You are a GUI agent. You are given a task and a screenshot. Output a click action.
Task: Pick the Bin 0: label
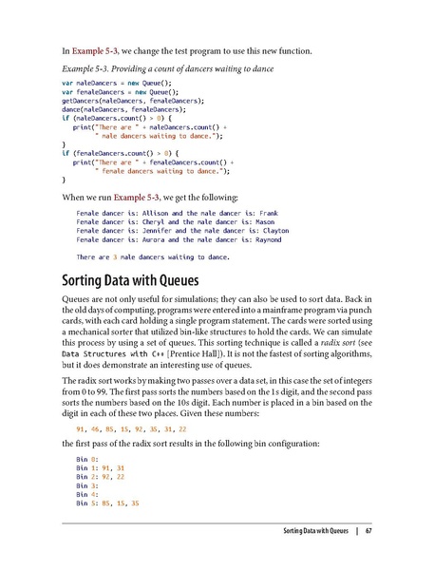point(88,459)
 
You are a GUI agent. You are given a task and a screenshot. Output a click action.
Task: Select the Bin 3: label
point(88,484)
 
